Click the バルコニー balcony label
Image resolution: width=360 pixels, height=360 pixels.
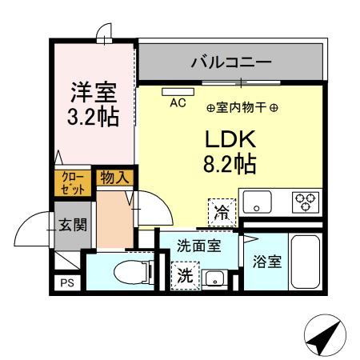[x=230, y=61]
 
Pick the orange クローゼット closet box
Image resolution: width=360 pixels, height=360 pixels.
[x=72, y=183]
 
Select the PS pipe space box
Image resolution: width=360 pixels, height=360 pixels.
[x=66, y=281]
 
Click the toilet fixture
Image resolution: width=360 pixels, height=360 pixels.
[x=131, y=272]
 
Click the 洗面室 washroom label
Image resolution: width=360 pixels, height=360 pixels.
[x=198, y=246]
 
